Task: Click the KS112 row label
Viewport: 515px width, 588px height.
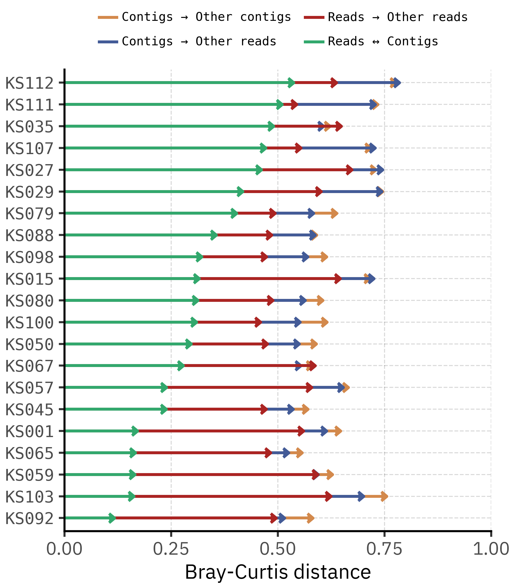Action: tap(30, 83)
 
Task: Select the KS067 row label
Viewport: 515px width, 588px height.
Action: tap(30, 366)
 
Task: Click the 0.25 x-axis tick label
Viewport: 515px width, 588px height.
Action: tap(171, 549)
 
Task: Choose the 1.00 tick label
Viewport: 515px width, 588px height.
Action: tap(491, 549)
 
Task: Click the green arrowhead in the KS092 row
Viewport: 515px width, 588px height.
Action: tap(112, 518)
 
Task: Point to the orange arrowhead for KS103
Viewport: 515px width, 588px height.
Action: tap(385, 496)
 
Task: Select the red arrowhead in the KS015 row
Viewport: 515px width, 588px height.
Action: tap(338, 279)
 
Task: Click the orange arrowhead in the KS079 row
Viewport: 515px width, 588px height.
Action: tap(334, 213)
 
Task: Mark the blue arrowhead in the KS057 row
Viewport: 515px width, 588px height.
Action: tap(341, 387)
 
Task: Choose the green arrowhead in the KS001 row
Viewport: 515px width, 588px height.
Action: tap(135, 431)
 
